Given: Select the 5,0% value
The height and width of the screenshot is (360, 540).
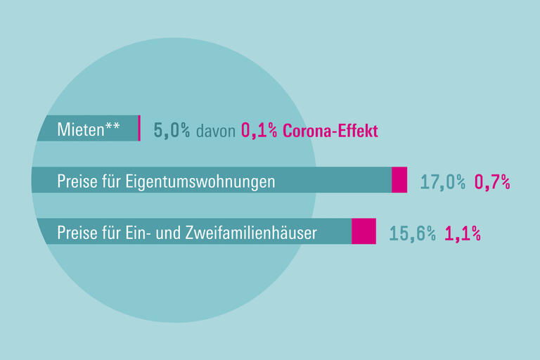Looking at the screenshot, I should tap(172, 131).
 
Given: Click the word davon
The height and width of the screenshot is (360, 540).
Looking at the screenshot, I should tap(216, 131).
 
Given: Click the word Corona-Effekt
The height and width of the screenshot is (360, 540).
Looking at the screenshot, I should tap(330, 131).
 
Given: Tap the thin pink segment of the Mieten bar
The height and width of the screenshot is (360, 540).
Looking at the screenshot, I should tap(139, 128).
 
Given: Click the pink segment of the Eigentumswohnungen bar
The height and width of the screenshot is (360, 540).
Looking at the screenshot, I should tap(399, 180).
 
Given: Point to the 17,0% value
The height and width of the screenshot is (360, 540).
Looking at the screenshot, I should tap(443, 182).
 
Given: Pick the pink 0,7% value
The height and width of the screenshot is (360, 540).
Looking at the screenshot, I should tap(492, 182).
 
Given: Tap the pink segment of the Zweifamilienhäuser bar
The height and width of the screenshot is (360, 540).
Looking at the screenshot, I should tap(364, 231).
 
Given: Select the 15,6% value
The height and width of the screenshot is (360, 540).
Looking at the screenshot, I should tap(412, 233).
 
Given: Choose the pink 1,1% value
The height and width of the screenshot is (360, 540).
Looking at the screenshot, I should tap(462, 233).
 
